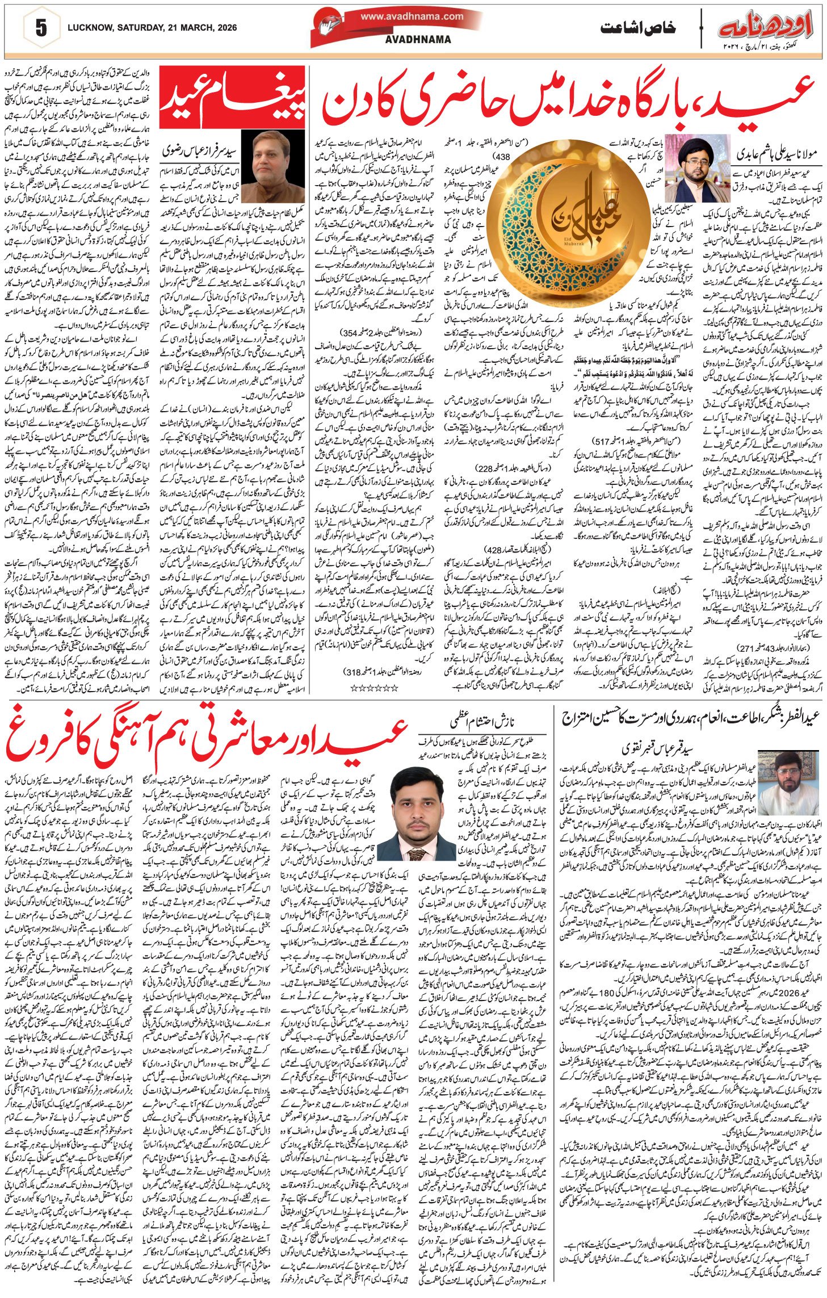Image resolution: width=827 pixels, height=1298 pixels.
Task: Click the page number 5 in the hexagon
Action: [41, 28]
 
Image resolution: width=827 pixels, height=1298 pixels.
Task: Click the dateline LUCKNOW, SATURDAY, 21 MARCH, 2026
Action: [152, 27]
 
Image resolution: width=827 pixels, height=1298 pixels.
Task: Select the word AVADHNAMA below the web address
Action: [418, 39]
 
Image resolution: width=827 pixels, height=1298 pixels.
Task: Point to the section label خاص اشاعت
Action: [638, 27]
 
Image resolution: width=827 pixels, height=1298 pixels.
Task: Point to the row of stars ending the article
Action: [372, 688]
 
